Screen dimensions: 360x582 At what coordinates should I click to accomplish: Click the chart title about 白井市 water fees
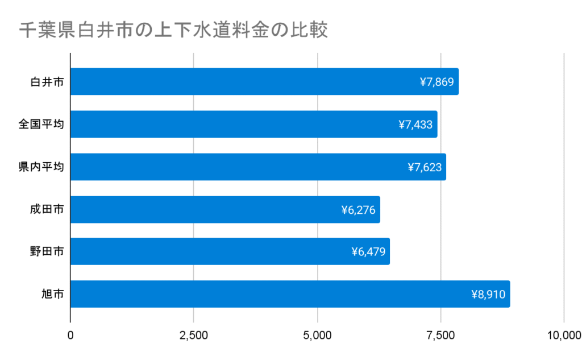173,30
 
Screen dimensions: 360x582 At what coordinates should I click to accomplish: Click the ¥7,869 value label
436,82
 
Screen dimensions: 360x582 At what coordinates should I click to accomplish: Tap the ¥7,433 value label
415,125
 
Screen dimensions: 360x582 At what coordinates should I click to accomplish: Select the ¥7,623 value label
425,167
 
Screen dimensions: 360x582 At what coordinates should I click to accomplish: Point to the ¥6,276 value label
358,210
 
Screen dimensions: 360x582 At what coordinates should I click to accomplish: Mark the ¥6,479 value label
368,252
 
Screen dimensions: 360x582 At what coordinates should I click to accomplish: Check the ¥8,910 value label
488,295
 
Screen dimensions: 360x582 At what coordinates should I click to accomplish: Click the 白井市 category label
47,82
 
